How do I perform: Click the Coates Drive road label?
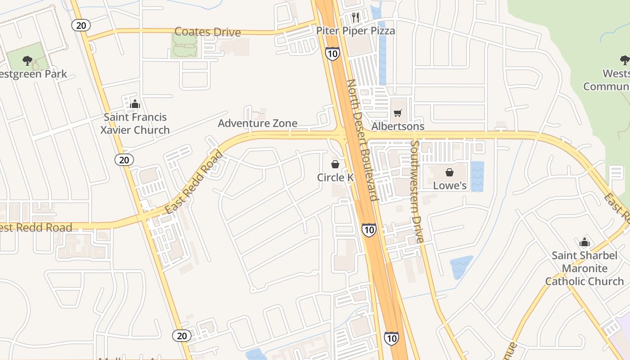pos(207,32)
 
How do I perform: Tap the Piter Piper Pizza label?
pos(355,31)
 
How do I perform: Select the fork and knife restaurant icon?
pos(355,18)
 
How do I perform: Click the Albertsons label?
pos(398,126)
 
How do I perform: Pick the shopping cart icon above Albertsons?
pos(397,113)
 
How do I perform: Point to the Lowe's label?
pos(450,185)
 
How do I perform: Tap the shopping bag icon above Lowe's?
pos(449,172)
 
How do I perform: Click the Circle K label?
pos(335,177)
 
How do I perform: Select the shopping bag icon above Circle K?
pos(335,164)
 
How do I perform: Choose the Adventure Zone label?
pos(257,123)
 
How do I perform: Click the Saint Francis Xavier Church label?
pos(135,124)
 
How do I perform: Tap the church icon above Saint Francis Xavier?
pos(135,104)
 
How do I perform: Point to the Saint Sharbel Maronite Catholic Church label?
pos(585,269)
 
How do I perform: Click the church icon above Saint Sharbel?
pos(585,243)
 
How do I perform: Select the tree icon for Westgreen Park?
pos(27,61)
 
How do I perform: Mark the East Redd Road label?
pos(194,182)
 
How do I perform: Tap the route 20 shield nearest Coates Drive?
pos(81,25)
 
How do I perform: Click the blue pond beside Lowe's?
pos(477,176)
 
